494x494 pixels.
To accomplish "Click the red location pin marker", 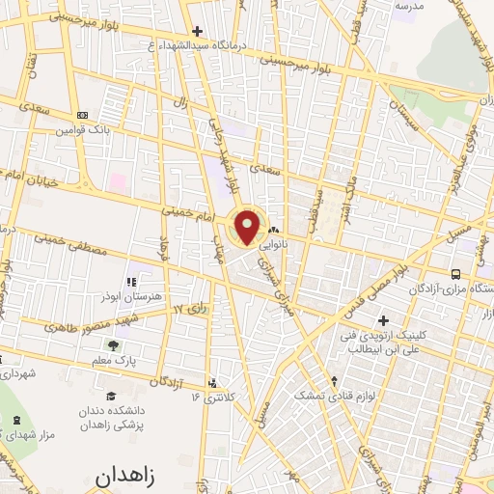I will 248,226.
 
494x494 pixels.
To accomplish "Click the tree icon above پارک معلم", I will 114,344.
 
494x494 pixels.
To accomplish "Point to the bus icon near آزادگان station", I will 456,273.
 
